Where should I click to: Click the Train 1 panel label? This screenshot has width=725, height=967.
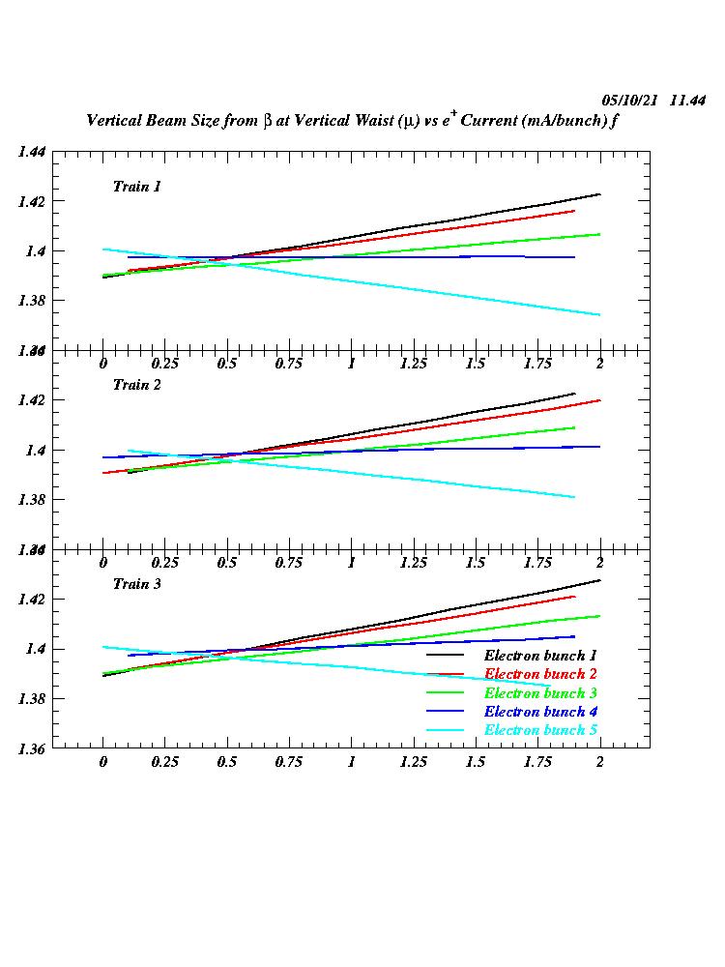pyautogui.click(x=136, y=186)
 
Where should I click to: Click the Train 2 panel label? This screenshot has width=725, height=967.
pyautogui.click(x=136, y=384)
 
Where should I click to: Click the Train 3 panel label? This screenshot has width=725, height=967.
pyautogui.click(x=136, y=583)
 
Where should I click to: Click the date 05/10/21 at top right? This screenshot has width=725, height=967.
pyautogui.click(x=630, y=101)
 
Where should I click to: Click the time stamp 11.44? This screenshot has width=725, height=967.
pyautogui.click(x=688, y=101)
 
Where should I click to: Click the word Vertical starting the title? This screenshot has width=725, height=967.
pyautogui.click(x=114, y=122)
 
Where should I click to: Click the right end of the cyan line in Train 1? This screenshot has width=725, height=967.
pyautogui.click(x=599, y=314)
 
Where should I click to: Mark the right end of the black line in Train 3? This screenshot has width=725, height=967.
pyautogui.click(x=599, y=580)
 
